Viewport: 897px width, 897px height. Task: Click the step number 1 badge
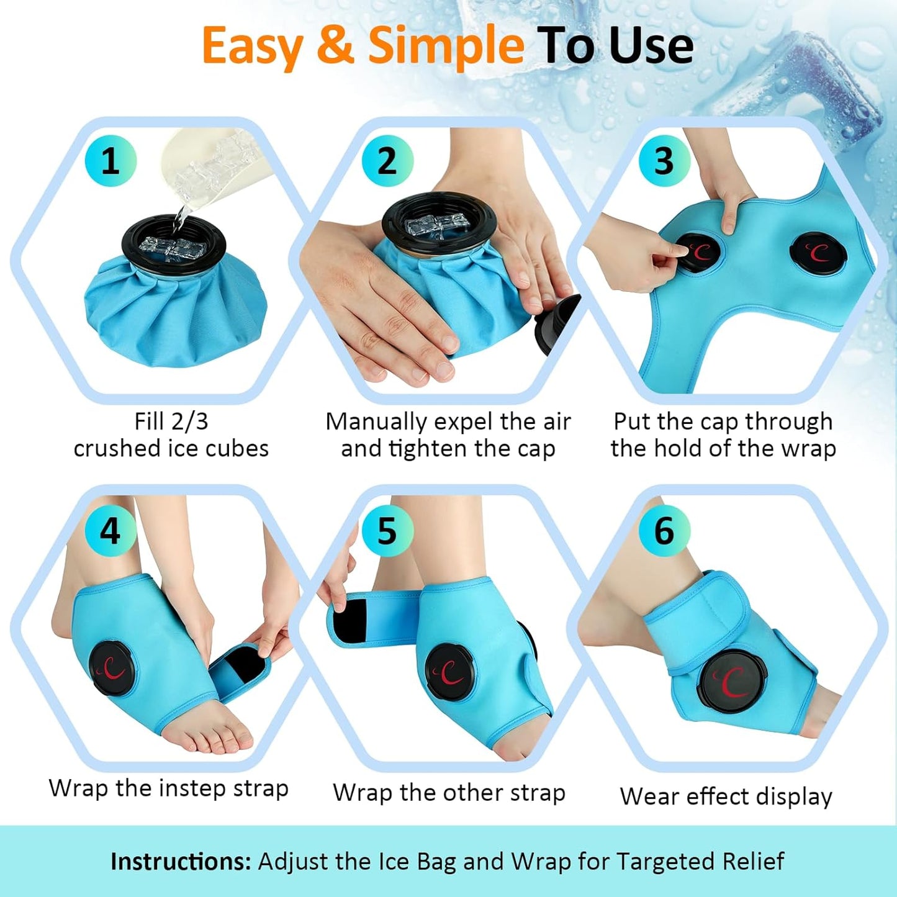point(110,161)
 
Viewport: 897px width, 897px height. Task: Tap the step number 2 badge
point(388,161)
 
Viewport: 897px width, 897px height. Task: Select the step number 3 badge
point(664,161)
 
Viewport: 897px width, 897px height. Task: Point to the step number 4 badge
point(110,530)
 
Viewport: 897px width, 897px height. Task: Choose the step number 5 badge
point(388,530)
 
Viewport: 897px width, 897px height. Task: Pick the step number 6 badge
point(664,530)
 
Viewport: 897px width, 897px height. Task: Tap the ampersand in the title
point(336,45)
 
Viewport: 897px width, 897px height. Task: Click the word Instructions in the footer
point(181,861)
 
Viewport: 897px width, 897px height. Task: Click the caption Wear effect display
point(726,796)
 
